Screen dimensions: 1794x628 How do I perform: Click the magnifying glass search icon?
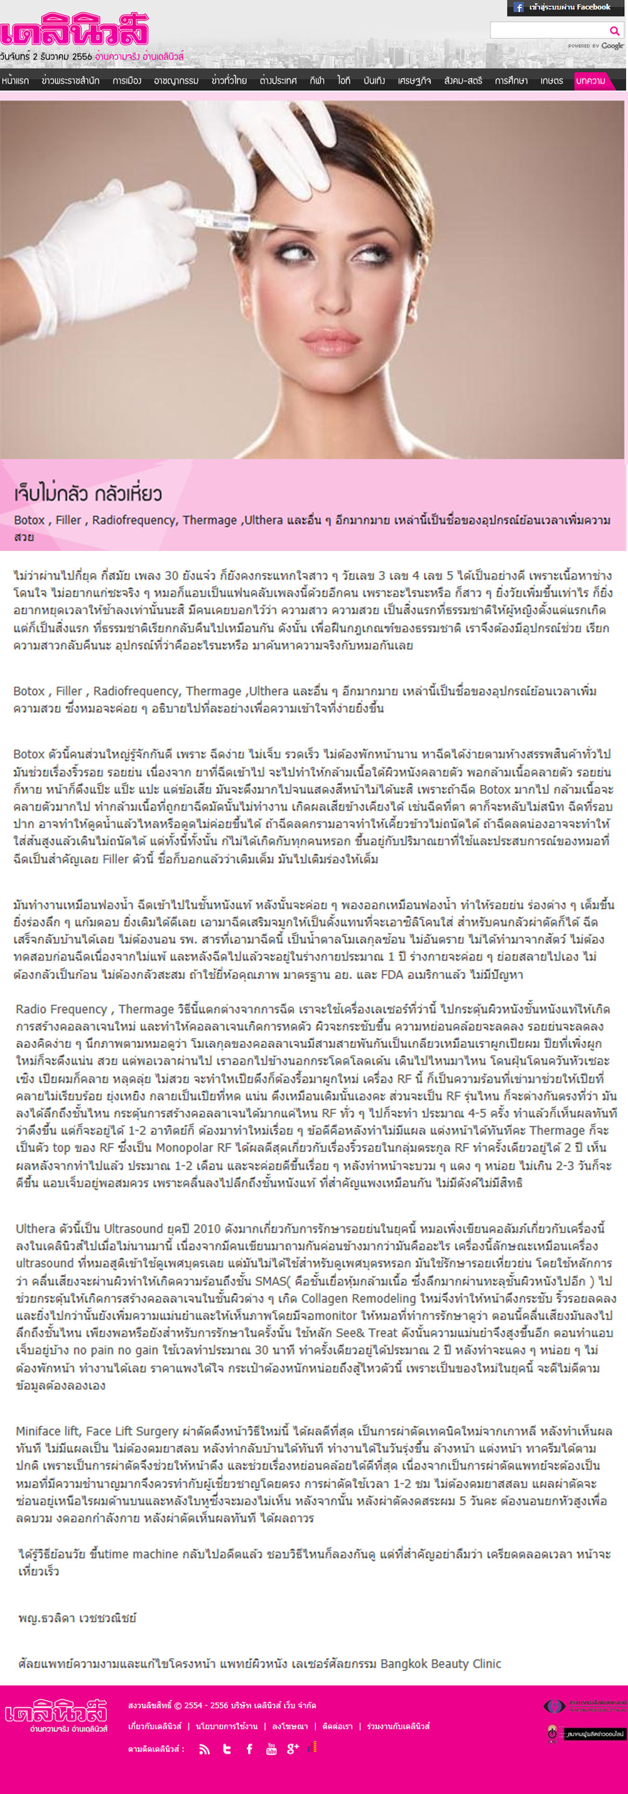pos(614,30)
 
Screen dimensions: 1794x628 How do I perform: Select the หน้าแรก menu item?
pos(15,81)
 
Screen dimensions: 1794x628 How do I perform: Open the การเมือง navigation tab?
pos(127,81)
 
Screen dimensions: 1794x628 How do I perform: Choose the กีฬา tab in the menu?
pos(317,81)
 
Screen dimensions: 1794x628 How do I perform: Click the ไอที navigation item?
pos(344,81)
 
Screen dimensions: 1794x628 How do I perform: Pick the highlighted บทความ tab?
pos(590,81)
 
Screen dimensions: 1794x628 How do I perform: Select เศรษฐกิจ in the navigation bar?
pos(414,81)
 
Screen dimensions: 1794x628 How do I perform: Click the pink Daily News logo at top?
pos(75,31)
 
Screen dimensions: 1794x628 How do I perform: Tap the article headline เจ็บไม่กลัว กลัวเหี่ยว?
pos(88,494)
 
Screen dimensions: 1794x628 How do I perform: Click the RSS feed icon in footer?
pos(204,1749)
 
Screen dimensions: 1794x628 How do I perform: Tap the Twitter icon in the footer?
pos(227,1749)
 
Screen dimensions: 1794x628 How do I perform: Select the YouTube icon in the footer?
pos(271,1749)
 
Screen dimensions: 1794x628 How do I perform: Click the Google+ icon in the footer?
pos(293,1749)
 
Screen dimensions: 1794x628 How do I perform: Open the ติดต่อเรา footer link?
pos(337,1726)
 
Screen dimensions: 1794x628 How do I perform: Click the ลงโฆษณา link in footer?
pos(290,1726)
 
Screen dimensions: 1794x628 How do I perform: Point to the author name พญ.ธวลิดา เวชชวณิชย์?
pos(77,1618)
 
